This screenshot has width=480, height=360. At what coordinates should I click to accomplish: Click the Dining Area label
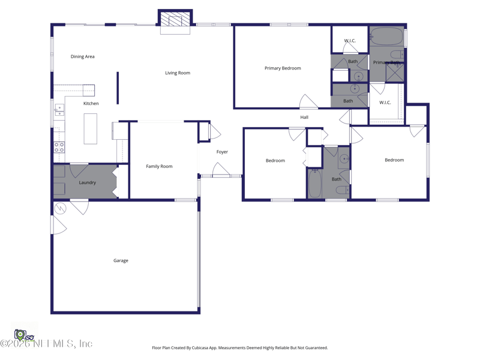pos(82,56)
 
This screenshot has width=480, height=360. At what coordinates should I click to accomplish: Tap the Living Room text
pos(178,73)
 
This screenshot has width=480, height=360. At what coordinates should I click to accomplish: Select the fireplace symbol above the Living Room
pos(175,22)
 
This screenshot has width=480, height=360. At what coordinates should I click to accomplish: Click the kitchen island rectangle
pos(91,128)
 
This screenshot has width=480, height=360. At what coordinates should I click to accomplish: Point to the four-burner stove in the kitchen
pos(59,147)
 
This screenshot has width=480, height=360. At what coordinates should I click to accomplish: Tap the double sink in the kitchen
pos(59,110)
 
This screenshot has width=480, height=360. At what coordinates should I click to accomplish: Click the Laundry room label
pos(88,182)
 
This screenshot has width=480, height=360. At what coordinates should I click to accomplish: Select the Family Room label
pos(159,166)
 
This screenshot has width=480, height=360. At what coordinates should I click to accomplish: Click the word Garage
pos(121,260)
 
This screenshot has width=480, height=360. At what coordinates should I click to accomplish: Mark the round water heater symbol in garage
pos(60,208)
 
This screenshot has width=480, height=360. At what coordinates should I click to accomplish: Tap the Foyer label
pos(222,152)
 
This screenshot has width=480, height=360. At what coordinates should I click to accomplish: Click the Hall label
pos(304,117)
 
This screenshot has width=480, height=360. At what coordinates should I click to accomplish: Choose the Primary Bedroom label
pos(283,68)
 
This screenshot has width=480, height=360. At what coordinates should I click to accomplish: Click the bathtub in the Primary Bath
pos(386,37)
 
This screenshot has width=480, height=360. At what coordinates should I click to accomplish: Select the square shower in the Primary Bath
pos(395,72)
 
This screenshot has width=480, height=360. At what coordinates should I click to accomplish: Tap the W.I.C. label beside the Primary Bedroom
pos(350,41)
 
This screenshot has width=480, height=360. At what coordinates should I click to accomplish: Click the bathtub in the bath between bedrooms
pos(315,183)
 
